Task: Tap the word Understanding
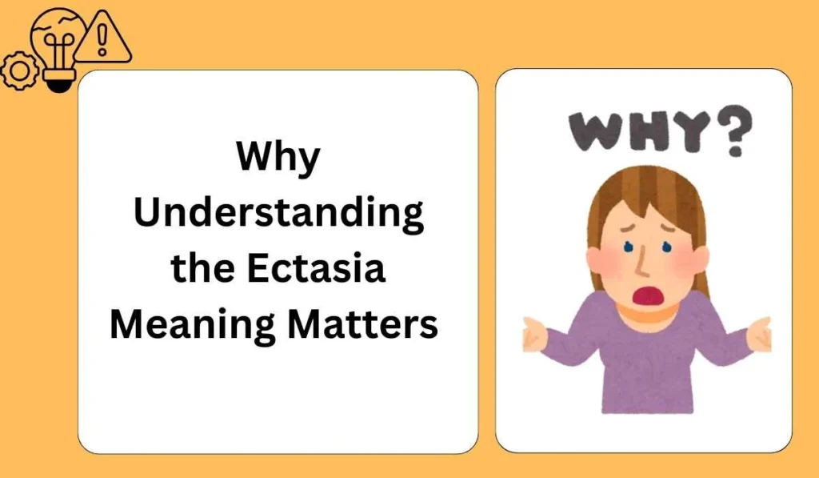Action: [x=278, y=215]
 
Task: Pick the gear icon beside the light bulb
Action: [x=19, y=71]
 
